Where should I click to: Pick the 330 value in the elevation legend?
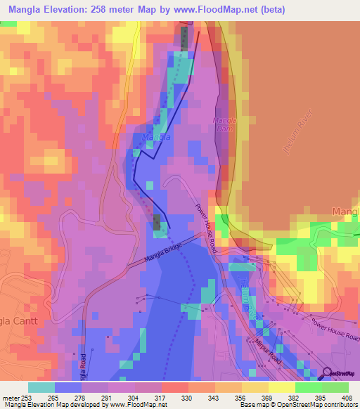[186, 397]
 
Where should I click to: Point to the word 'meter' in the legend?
[11, 397]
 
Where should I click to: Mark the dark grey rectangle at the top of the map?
[184, 39]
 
